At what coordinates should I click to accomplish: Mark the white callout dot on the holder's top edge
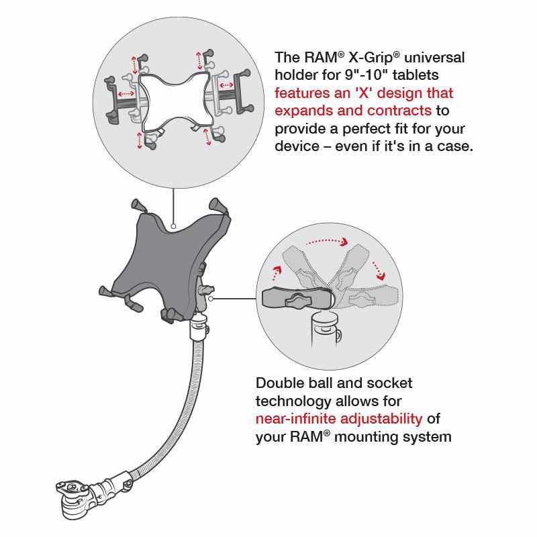(x=174, y=226)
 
